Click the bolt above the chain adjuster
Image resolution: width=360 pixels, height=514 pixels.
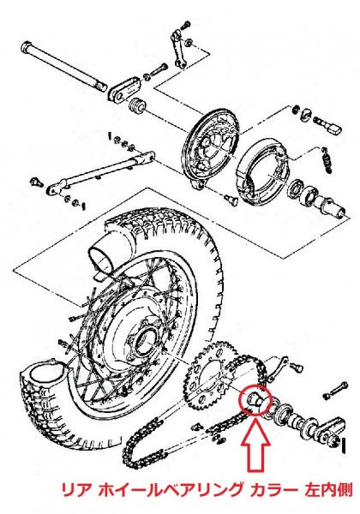pyautogui.click(x=335, y=389)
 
